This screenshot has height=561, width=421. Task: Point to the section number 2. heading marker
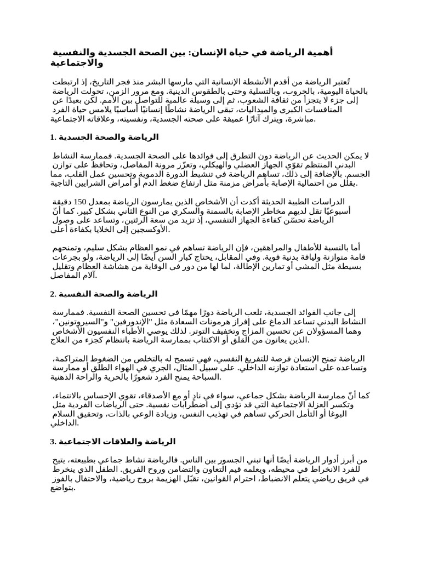(53, 294)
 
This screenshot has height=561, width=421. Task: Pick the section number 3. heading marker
(53, 441)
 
